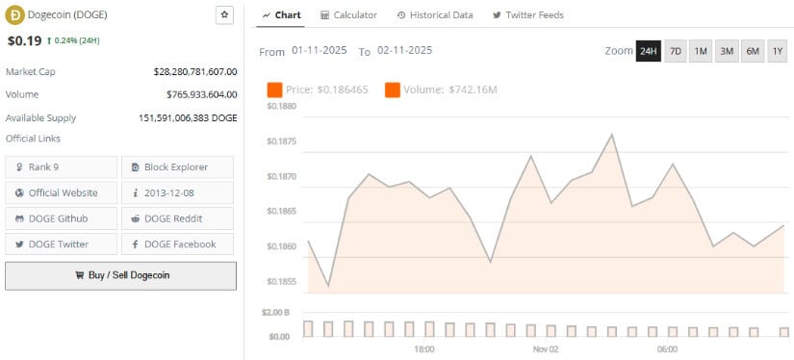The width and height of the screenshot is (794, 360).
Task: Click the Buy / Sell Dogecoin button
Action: click(120, 275)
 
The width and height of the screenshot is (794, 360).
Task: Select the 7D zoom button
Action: click(675, 51)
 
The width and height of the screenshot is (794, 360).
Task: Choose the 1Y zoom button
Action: click(778, 51)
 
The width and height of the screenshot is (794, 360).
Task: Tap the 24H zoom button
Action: click(648, 51)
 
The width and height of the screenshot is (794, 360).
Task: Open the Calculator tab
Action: click(348, 15)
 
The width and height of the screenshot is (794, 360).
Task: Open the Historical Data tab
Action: click(434, 15)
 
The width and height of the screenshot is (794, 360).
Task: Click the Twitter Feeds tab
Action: click(527, 15)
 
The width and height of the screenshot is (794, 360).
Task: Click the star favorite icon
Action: click(224, 14)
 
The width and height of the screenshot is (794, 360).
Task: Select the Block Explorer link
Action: click(177, 167)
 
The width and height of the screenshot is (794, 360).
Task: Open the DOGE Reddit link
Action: click(177, 219)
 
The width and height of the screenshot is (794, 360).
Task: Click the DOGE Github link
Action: click(62, 219)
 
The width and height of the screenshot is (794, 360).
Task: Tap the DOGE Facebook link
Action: click(177, 244)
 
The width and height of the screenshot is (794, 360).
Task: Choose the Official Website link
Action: click(62, 193)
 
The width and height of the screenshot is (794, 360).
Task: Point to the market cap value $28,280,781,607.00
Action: click(195, 72)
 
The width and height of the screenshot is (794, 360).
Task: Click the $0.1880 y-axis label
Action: click(281, 106)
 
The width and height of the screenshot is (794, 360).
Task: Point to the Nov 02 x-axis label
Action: click(546, 348)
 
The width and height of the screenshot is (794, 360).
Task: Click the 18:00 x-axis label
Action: click(423, 348)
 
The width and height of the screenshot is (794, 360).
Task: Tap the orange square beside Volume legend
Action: click(393, 90)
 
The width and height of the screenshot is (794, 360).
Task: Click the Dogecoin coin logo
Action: click(14, 15)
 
